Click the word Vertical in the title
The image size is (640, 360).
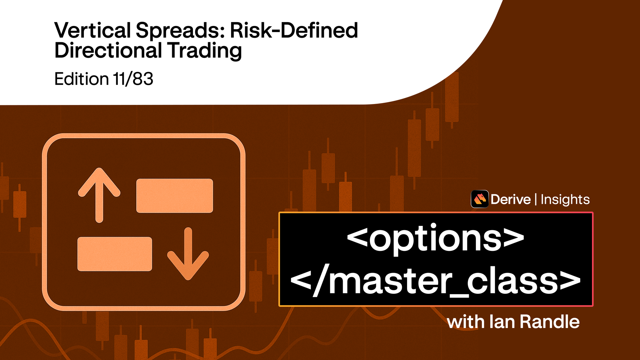point(92,30)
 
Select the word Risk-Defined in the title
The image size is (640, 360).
point(294,30)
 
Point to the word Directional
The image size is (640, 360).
point(108,51)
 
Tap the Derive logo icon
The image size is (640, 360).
point(479,199)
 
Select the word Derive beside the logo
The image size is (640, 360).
point(510,199)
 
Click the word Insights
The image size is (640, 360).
point(565,200)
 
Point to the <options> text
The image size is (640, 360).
point(436,238)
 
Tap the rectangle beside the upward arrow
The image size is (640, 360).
point(175,196)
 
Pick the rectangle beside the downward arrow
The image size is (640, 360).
point(115,254)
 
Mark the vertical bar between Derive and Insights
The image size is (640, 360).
point(536,199)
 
